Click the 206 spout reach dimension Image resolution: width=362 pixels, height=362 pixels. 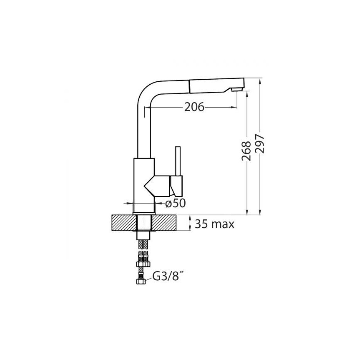[194, 107]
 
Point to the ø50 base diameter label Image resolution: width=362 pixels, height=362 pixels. [175, 203]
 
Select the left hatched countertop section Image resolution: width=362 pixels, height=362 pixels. [124, 223]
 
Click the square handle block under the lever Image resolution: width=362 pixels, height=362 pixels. [177, 186]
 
